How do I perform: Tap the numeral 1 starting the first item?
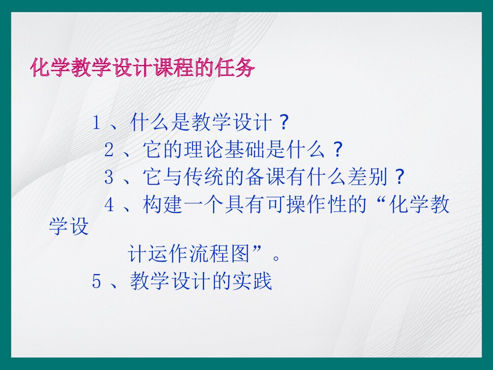pyautogui.click(x=97, y=123)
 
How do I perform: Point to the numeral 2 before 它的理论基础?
pyautogui.click(x=109, y=150)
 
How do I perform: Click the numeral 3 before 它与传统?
pyautogui.click(x=109, y=177)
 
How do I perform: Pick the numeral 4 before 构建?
pyautogui.click(x=109, y=204)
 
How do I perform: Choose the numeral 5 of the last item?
pyautogui.click(x=97, y=282)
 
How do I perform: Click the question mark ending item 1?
pyautogui.click(x=282, y=123)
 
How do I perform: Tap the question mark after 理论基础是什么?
pyautogui.click(x=336, y=150)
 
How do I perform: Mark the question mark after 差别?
pyautogui.click(x=400, y=177)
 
